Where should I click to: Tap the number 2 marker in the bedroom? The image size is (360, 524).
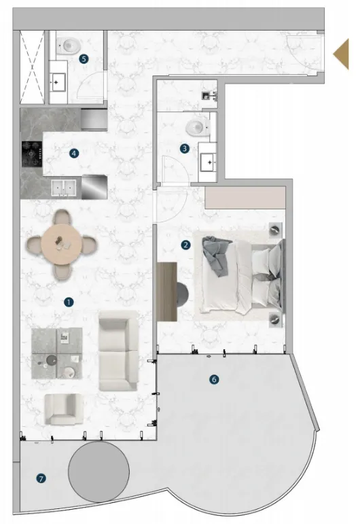tap(185, 245)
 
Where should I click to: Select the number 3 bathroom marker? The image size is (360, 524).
tap(183, 148)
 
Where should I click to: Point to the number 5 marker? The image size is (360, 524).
tap(83, 58)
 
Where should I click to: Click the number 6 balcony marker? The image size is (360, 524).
tap(215, 379)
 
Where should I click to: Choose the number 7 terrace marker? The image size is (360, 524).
tap(42, 479)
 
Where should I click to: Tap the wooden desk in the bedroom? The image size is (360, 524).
tap(166, 292)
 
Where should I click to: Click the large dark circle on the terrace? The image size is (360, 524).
tap(99, 470)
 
